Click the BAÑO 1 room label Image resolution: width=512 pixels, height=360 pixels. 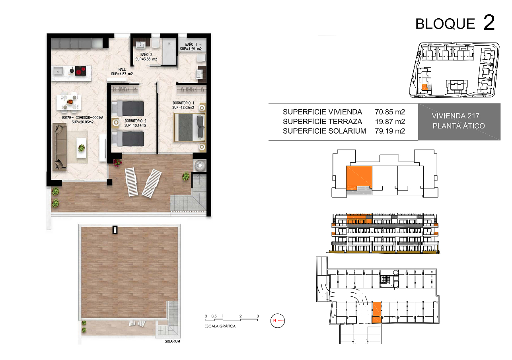tap(191, 44)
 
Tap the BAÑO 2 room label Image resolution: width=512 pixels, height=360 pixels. tap(146, 54)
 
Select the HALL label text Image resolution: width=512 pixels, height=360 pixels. tap(122, 70)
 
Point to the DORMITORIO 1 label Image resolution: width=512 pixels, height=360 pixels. tap(183, 103)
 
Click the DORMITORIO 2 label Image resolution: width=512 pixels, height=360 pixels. tap(135, 121)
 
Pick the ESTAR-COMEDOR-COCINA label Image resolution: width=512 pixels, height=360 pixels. tap(83, 117)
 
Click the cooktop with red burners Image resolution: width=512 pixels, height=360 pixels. tap(80, 71)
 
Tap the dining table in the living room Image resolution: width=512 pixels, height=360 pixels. tap(69, 103)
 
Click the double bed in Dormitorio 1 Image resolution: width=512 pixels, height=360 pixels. tap(189, 128)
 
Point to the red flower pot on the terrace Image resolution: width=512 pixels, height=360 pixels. tap(117, 163)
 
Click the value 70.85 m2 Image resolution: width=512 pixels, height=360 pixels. tap(390, 112)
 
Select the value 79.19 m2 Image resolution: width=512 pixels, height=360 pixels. tap(390, 131)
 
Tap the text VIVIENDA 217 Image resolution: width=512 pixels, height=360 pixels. tap(456, 116)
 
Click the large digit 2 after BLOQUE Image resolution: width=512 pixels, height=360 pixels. tap(489, 22)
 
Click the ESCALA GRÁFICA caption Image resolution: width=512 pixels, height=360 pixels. tap(220, 326)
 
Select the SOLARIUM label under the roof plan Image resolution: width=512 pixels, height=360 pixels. tap(172, 341)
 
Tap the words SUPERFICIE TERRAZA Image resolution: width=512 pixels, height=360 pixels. tap(322, 122)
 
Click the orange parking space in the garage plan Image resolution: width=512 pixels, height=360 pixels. tap(377, 312)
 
